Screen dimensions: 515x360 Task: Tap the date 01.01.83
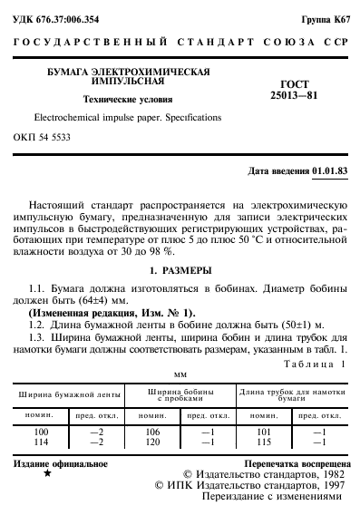(329, 171)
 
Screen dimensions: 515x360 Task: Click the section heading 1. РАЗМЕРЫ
(180, 270)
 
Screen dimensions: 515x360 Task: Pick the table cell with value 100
(40, 432)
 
